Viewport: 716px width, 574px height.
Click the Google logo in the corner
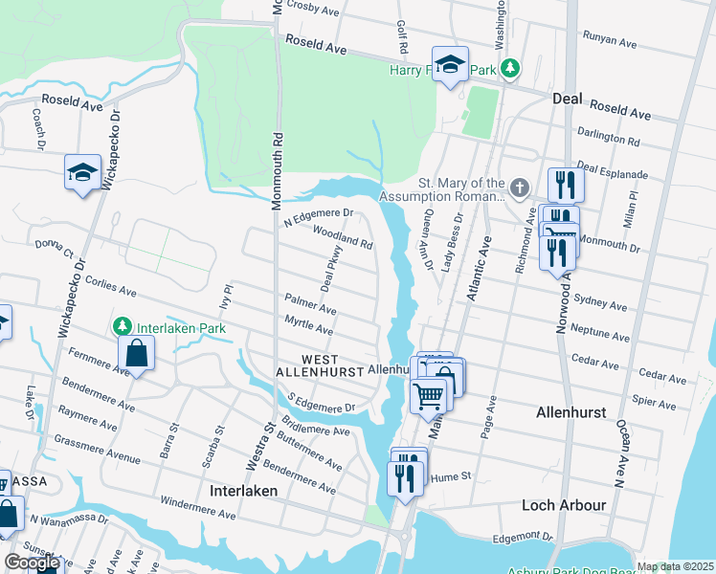coord(32,563)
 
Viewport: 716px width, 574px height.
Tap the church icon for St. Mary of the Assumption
coord(519,188)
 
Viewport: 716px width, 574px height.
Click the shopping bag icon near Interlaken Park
coord(137,353)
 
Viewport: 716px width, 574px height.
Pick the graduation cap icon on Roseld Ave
coord(450,64)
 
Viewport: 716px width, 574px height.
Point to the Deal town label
coord(569,99)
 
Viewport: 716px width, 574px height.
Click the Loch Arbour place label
coord(564,504)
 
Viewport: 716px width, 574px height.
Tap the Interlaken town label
coord(243,490)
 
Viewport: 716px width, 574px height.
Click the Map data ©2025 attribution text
coord(674,566)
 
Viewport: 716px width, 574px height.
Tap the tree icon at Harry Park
coord(511,68)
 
